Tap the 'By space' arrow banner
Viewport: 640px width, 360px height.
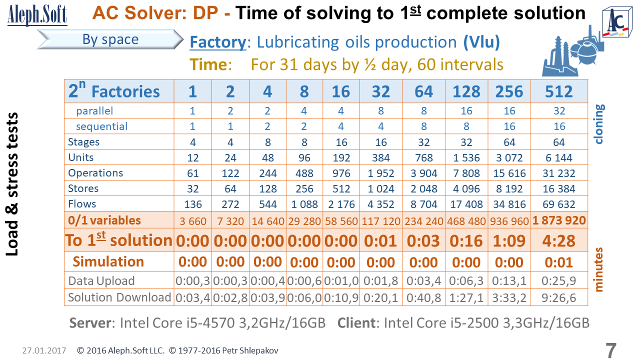click(x=110, y=40)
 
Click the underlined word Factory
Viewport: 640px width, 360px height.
click(x=217, y=42)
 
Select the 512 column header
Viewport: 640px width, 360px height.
click(x=559, y=91)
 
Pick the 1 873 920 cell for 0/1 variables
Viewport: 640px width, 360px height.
click(x=559, y=219)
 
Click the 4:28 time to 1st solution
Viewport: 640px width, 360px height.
click(x=559, y=240)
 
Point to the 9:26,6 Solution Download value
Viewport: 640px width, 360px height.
click(x=559, y=298)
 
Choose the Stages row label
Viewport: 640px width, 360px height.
click(x=83, y=142)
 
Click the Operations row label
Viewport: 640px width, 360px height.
click(x=95, y=173)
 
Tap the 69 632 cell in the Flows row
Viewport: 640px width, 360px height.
click(x=559, y=204)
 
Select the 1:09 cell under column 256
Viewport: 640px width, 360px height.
click(x=510, y=240)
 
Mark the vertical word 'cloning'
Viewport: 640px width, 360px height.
click(x=600, y=123)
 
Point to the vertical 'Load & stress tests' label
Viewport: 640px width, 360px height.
click(x=13, y=184)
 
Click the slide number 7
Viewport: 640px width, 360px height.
click(x=611, y=350)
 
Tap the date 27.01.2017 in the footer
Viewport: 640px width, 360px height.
click(x=44, y=351)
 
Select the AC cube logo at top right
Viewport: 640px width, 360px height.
click(x=616, y=23)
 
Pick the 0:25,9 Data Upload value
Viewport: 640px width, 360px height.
click(x=559, y=281)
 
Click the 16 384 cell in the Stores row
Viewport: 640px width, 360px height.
click(x=559, y=188)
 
